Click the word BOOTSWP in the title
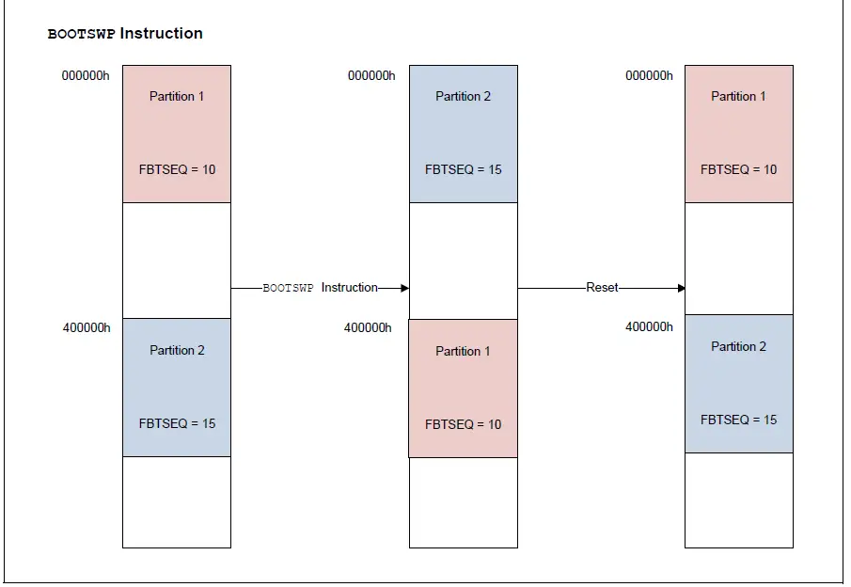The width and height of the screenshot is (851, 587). pyautogui.click(x=81, y=34)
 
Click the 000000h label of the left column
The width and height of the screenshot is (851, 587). pyautogui.click(x=86, y=75)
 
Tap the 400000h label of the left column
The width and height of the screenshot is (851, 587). pyautogui.click(x=86, y=327)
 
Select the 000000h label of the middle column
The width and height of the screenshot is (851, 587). pyautogui.click(x=371, y=75)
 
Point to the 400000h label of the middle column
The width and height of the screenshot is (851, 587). pyautogui.click(x=368, y=327)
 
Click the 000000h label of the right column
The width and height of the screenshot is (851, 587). pyautogui.click(x=649, y=75)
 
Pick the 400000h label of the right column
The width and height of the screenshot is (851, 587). pyautogui.click(x=649, y=326)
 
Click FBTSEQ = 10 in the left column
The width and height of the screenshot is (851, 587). pyautogui.click(x=177, y=169)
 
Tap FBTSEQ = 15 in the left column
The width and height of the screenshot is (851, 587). pyautogui.click(x=177, y=423)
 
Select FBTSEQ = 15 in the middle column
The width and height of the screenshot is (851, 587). pyautogui.click(x=463, y=170)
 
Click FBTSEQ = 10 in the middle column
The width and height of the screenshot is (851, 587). pyautogui.click(x=463, y=424)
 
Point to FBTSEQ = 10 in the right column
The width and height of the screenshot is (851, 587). pyautogui.click(x=738, y=169)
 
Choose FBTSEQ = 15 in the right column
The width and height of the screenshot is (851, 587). pyautogui.click(x=738, y=420)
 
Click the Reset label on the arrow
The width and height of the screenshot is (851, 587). pyautogui.click(x=602, y=287)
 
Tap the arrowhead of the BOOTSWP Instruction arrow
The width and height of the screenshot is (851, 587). pyautogui.click(x=404, y=288)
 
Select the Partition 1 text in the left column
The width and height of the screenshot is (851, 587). pyautogui.click(x=177, y=96)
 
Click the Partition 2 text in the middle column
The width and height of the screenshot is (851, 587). pyautogui.click(x=463, y=96)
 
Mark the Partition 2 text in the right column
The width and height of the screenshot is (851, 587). pyautogui.click(x=738, y=346)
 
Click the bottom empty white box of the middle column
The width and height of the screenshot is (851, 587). pyautogui.click(x=463, y=502)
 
